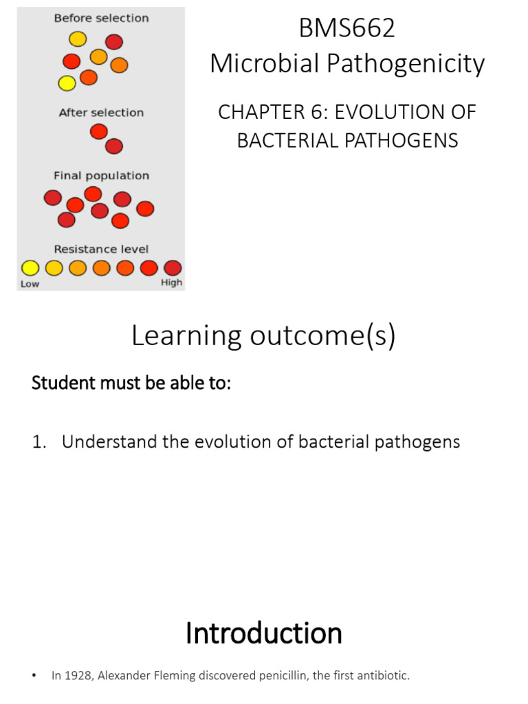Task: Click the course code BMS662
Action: click(x=347, y=29)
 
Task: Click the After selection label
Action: click(x=101, y=113)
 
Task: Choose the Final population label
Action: click(x=101, y=175)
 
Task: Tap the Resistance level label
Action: click(x=101, y=249)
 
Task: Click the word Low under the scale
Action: click(x=30, y=283)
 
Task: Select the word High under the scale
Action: click(x=172, y=283)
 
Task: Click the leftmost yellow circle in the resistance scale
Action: click(x=30, y=267)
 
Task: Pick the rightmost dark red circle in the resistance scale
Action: click(x=173, y=267)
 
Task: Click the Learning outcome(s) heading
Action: click(x=263, y=337)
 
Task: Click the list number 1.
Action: click(x=37, y=441)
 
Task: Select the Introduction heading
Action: click(x=263, y=632)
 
